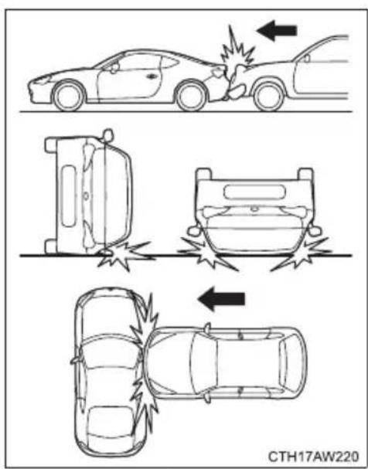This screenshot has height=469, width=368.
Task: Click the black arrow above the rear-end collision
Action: tap(277, 30)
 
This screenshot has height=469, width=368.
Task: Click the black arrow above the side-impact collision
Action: tap(221, 299)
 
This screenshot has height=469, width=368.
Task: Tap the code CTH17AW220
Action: tap(313, 457)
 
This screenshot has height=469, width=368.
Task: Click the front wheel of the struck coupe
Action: tap(69, 96)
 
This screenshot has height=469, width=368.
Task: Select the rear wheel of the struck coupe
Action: tap(192, 95)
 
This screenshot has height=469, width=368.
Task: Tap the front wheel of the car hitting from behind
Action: tap(269, 96)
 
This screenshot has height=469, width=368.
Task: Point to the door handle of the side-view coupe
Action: tap(152, 76)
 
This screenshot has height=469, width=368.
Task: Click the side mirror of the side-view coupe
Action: tap(114, 68)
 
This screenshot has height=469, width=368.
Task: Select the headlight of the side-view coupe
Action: tap(42, 80)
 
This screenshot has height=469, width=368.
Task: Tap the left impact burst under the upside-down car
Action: tap(206, 253)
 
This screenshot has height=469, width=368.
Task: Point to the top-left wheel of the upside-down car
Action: tap(204, 175)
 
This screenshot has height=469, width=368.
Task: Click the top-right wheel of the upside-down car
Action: tap(306, 175)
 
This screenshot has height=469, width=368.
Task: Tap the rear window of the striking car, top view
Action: tap(290, 362)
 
